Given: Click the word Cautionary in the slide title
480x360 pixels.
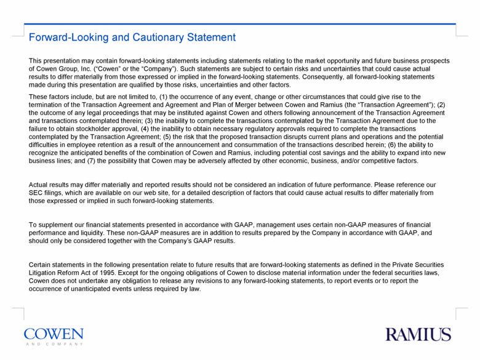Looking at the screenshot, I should (x=140, y=38).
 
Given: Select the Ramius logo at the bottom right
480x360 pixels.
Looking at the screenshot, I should (x=418, y=335).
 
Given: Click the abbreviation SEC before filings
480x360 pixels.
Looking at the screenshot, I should (x=38, y=193).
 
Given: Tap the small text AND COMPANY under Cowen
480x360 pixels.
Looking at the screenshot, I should (x=54, y=345).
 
